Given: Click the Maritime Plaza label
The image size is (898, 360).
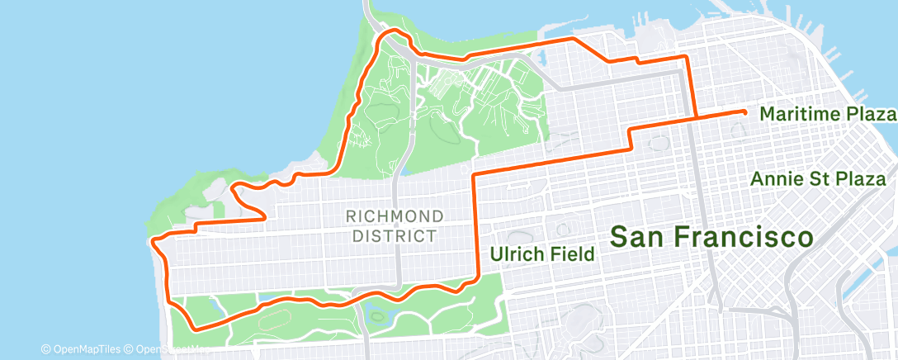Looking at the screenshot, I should click(826, 114).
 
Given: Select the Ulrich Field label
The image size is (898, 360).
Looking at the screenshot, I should click(542, 254).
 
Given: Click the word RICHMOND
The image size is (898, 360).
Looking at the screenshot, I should click(395, 216).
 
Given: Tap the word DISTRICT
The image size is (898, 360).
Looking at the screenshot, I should click(395, 236).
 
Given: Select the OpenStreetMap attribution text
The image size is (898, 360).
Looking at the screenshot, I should click(165, 348).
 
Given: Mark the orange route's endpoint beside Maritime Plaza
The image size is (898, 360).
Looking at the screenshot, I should click(744, 111).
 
